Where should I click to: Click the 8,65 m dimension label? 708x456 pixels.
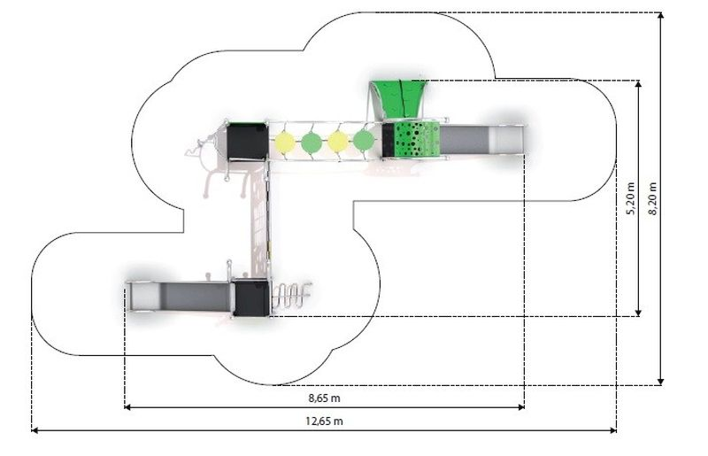(x=325, y=398)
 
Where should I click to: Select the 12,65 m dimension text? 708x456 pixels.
(x=324, y=421)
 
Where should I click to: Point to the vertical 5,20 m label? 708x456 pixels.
(x=631, y=199)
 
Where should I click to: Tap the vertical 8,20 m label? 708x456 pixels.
(x=653, y=199)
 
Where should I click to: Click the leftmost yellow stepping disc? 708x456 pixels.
(x=285, y=142)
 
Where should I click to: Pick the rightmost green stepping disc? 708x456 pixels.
(x=364, y=141)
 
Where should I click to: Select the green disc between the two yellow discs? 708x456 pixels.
(x=312, y=142)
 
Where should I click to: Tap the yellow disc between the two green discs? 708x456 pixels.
(x=338, y=142)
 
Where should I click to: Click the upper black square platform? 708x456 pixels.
(x=247, y=141)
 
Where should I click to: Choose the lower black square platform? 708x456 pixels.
(x=251, y=298)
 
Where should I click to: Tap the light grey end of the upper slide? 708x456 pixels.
(x=506, y=140)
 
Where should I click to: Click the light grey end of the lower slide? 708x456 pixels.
(x=144, y=297)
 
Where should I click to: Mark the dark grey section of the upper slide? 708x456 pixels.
(x=465, y=140)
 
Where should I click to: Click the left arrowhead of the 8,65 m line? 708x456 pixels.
(x=127, y=407)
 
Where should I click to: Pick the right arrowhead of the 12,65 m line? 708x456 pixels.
(x=613, y=430)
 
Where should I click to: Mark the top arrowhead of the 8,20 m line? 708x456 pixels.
(x=660, y=16)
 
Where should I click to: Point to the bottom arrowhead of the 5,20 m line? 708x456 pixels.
(x=638, y=313)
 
